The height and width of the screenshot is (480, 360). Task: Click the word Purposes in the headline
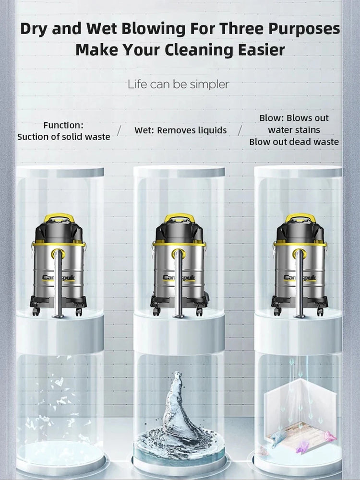304,29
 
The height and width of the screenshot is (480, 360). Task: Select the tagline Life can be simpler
178,84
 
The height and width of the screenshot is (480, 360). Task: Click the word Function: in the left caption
63,125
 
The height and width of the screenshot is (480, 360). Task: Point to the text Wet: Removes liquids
180,130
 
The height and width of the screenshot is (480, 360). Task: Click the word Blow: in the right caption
272,118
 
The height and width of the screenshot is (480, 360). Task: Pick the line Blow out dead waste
294,142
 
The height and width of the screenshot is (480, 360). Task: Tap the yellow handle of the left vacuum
59,217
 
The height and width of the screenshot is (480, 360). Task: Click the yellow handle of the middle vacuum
179,217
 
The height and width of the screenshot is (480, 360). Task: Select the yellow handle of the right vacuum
300,217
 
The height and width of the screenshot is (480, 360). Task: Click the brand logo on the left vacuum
58,278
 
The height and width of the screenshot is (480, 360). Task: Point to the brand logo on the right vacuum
300,278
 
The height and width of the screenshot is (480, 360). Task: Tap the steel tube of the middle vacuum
178,285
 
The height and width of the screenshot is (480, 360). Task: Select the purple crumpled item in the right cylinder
302,446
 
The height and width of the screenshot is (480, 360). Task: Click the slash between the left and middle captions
119,130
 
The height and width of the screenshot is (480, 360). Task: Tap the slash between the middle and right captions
240,130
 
